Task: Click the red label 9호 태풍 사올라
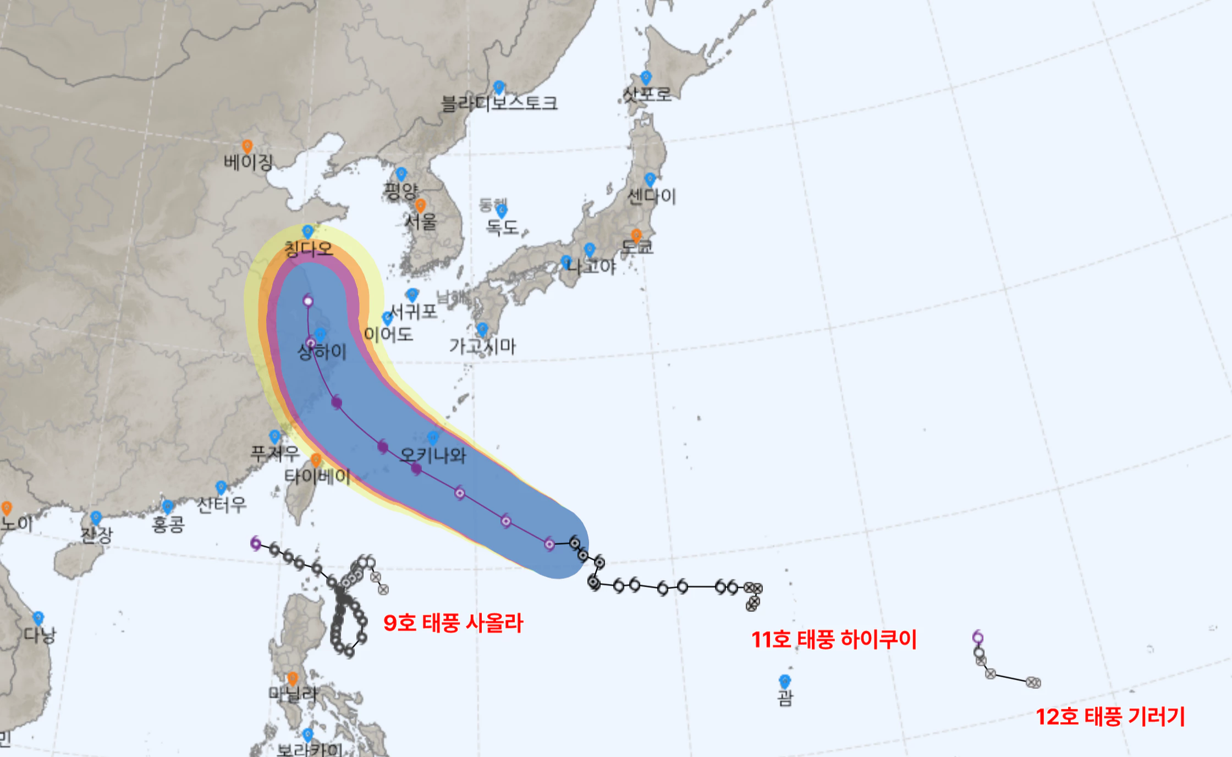coord(453,623)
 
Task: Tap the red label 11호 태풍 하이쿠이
coord(834,639)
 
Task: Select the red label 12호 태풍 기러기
coord(1110,716)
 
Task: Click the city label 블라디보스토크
coord(499,103)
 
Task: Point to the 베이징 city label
coord(248,162)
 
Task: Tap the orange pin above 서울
coord(420,206)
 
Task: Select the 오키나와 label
coord(433,455)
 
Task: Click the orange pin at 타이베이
coord(316,460)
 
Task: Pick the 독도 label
coord(502,226)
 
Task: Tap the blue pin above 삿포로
coord(646,78)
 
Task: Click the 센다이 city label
coord(652,196)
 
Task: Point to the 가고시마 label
coord(482,346)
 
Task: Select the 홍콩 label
coord(168,524)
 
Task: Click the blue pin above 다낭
coord(38,618)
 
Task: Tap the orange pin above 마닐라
coord(293,679)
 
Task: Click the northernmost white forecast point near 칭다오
coord(308,301)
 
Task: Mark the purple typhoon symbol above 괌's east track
coord(978,637)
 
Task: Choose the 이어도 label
coord(388,334)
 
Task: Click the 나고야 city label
coord(591,267)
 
